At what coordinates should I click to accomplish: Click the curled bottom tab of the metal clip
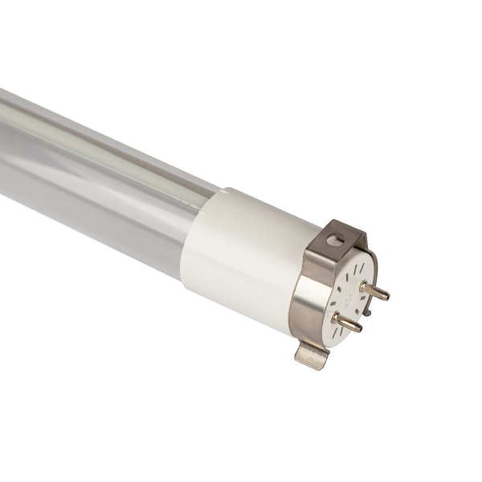pos(312,353)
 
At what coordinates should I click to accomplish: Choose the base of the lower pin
pos(336,317)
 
